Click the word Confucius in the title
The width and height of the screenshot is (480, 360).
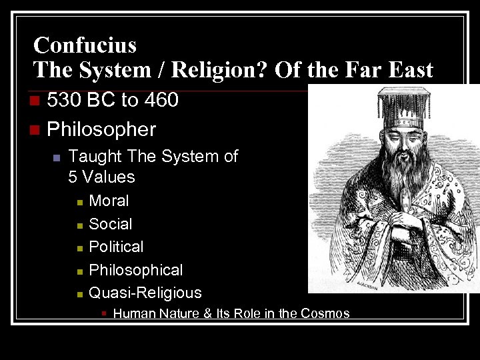tap(85, 45)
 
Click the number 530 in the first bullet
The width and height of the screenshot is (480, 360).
tap(65, 100)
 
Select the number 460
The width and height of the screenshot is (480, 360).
tap(163, 100)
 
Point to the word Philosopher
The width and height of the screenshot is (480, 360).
tap(101, 129)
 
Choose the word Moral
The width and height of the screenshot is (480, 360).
tap(109, 201)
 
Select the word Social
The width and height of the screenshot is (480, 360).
tap(110, 224)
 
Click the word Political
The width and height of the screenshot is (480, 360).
tap(116, 247)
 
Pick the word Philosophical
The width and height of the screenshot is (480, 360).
tap(135, 270)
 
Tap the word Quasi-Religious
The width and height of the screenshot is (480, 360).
tap(145, 293)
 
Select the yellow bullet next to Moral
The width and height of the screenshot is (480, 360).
tap(79, 201)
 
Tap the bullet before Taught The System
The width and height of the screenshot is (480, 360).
tap(57, 157)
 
